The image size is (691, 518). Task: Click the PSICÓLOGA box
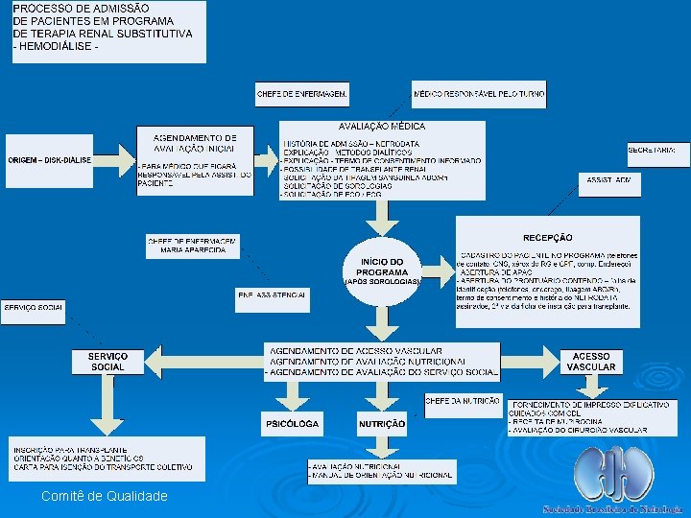point(292,423)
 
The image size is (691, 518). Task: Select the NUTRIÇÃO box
point(381,423)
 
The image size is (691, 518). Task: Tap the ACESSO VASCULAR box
point(591,362)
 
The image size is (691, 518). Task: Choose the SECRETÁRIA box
point(657,152)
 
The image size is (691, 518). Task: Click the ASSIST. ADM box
point(609,179)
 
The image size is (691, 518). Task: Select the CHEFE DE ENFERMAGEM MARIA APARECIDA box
point(193,245)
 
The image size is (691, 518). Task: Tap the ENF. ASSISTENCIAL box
point(274,299)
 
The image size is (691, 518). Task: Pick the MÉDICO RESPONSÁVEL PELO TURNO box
point(480,93)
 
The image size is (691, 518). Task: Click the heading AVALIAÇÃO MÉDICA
point(382,127)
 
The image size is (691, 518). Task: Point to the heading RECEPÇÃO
point(547,237)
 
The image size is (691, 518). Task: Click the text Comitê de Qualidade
point(104,496)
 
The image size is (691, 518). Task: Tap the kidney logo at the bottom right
point(612,475)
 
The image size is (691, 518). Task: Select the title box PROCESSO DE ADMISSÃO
point(108,32)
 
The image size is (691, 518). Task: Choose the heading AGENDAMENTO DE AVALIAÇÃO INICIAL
point(195,143)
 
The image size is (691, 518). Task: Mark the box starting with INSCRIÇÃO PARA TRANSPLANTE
point(107,459)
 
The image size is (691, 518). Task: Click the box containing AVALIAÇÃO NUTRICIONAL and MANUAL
point(381,470)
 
